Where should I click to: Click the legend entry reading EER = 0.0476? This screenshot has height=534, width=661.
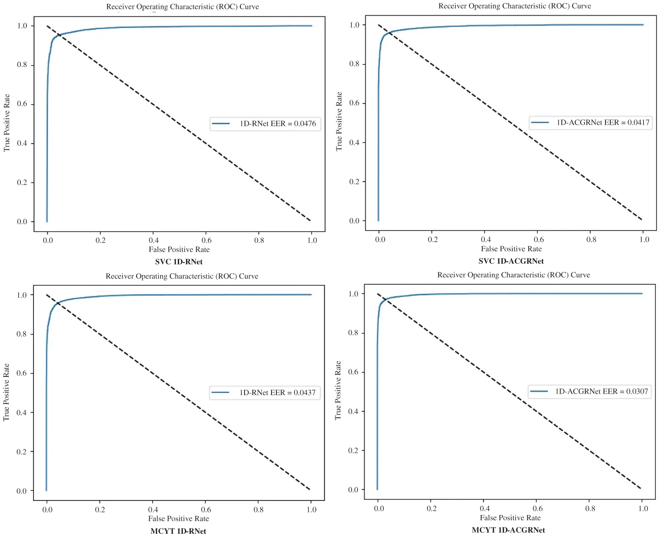265,124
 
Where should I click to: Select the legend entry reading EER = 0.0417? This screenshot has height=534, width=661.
591,123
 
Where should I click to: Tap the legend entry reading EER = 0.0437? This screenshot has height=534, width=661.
265,392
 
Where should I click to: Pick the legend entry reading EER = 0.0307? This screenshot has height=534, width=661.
590,391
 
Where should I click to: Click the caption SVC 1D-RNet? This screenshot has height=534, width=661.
179,262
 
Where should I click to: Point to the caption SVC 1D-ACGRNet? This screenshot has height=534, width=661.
511,261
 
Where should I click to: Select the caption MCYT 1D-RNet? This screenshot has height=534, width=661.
178,531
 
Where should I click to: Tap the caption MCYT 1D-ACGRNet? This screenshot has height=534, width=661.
508,530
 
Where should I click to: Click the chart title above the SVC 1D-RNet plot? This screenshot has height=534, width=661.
182,7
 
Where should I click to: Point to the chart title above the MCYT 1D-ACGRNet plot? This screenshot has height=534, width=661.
514,275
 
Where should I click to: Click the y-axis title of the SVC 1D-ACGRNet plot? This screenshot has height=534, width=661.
339,121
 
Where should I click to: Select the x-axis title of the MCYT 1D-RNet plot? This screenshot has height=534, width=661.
178,518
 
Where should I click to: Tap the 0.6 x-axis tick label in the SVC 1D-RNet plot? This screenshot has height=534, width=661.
206,240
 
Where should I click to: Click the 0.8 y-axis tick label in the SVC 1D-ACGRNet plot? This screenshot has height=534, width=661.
354,64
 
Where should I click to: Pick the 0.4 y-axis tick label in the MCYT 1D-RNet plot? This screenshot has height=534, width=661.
22,412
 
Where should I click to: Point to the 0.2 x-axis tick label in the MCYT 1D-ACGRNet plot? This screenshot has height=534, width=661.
432,508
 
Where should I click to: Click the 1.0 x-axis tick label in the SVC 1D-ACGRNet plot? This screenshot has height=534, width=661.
644,239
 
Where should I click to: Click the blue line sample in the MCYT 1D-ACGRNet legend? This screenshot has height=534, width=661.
539,391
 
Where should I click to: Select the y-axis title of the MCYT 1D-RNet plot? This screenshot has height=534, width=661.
6,392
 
